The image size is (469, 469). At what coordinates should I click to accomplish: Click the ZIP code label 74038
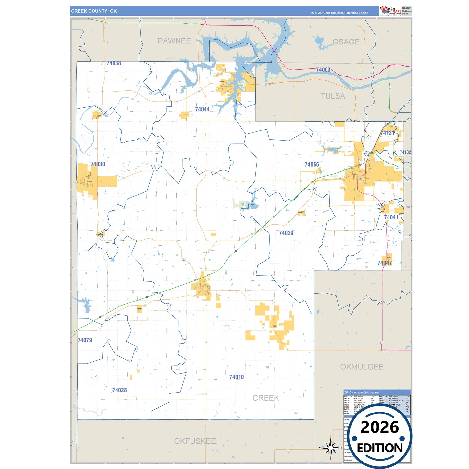114,63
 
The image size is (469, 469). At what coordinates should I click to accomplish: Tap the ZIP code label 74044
202,109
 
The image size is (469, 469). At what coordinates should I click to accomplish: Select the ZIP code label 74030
98,164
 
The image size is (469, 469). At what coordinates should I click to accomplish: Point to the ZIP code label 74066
312,165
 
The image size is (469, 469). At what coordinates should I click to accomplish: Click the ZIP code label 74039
286,233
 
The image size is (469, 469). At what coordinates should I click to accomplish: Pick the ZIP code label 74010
236,377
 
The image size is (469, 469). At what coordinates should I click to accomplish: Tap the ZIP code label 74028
119,390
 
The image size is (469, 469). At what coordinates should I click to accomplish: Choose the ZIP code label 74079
85,340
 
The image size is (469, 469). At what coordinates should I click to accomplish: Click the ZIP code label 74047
385,263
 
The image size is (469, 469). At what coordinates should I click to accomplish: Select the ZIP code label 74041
391,217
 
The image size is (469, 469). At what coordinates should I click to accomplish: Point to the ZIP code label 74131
387,133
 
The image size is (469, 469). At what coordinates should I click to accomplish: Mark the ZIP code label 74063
323,70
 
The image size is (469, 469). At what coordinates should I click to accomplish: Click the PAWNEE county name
174,41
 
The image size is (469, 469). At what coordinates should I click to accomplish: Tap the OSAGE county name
346,42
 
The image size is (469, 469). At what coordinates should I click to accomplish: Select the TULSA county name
333,96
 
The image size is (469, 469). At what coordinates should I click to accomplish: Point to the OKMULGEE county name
362,367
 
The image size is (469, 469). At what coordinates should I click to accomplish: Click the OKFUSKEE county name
195,441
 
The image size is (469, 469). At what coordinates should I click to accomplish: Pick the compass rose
331,448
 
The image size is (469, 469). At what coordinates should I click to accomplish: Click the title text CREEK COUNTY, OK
94,11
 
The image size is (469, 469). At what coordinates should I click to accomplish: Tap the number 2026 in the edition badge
379,427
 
